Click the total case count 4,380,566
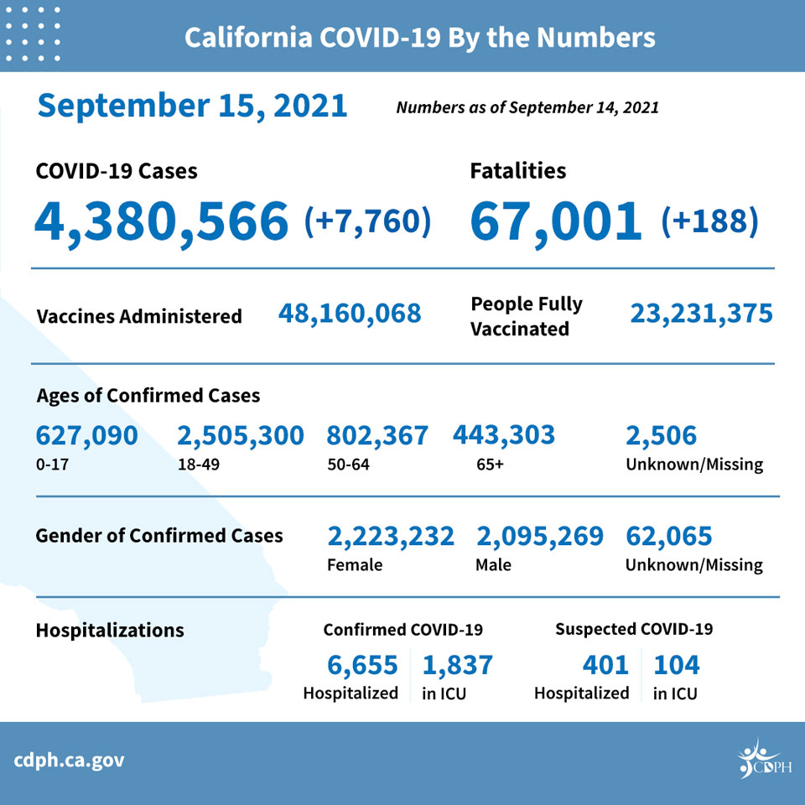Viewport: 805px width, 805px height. click(161, 221)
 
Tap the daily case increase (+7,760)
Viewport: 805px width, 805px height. click(367, 221)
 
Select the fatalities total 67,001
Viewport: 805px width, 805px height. click(555, 221)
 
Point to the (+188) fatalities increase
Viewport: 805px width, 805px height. click(709, 221)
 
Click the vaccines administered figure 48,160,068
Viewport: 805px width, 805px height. click(350, 314)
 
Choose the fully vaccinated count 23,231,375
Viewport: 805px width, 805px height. click(701, 314)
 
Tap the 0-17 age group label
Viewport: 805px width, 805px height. click(52, 465)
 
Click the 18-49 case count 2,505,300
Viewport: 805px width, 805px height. click(241, 436)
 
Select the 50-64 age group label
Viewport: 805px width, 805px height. click(348, 465)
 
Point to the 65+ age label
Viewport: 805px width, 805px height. click(490, 465)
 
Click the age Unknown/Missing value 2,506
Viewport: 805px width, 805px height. click(661, 436)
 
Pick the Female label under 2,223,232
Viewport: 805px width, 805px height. click(355, 564)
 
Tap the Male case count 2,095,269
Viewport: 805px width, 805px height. click(539, 537)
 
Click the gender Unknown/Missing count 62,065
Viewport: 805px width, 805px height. click(668, 537)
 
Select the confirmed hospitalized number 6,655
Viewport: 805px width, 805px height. click(362, 665)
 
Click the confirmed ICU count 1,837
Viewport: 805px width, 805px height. click(457, 665)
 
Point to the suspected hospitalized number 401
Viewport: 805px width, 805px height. click(605, 665)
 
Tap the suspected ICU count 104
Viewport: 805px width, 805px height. click(676, 665)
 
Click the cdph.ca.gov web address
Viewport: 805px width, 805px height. click(69, 761)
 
